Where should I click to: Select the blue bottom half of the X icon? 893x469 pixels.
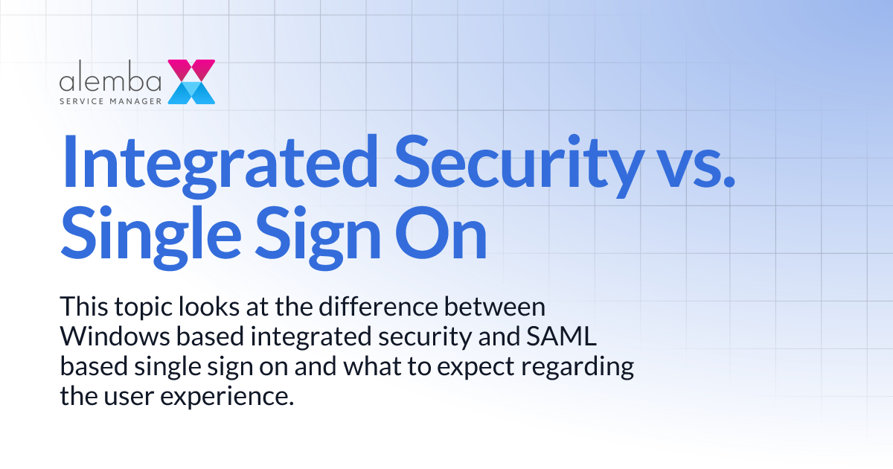tap(191, 92)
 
